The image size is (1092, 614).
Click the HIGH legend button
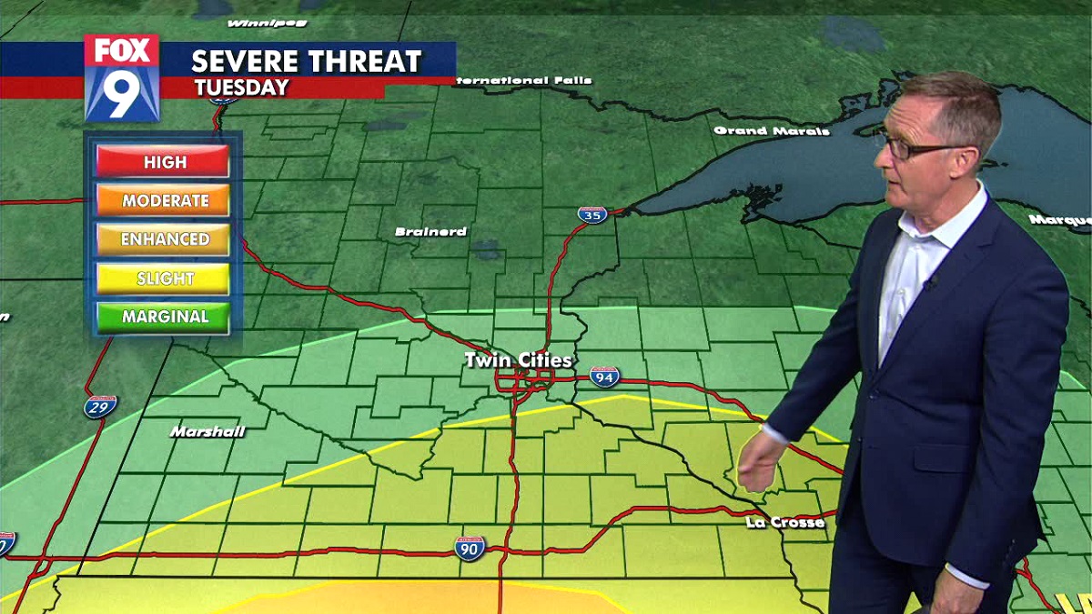coord(164,162)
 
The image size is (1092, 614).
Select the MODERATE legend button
coord(164,200)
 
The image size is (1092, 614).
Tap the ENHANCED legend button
coord(164,239)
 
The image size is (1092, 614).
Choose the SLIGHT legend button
coord(164,278)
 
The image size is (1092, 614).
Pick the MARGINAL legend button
coord(164,317)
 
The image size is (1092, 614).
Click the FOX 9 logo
coord(122,78)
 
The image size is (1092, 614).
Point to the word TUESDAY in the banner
coord(241,88)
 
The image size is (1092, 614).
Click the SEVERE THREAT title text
coord(306,61)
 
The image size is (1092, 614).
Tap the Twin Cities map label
coord(518,360)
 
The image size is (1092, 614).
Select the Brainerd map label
coord(430,232)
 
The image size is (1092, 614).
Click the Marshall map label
coord(207,431)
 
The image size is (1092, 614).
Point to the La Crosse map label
coord(784,522)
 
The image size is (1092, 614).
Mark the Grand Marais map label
coord(772,131)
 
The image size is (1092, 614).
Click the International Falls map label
coord(523,80)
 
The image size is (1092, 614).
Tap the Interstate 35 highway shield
coord(591,215)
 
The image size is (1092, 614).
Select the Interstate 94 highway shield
coord(604,376)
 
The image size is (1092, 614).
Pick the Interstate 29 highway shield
coord(100,406)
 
